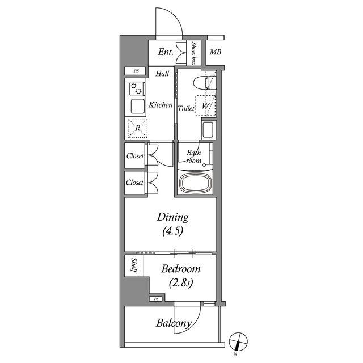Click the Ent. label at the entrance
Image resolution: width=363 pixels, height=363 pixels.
point(166,53)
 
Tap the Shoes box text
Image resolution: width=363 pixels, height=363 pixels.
point(194,53)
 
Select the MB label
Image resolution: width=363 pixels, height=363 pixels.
point(216,53)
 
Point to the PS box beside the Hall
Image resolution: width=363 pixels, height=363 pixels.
point(136,71)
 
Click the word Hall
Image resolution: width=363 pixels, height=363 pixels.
point(162,73)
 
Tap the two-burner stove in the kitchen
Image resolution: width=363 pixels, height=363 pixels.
point(137,89)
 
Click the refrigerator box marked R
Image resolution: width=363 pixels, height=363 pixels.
point(137,128)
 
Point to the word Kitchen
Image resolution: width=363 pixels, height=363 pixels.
point(161,105)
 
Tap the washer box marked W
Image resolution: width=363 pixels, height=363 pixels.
point(205,105)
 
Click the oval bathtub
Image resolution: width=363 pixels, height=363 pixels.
point(195,184)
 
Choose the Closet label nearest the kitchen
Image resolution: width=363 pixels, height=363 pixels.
point(135,155)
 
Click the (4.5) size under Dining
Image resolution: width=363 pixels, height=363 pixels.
point(172,231)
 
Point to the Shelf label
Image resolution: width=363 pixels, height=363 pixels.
point(134,266)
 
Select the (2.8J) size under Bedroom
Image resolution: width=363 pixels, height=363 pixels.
point(180,284)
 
